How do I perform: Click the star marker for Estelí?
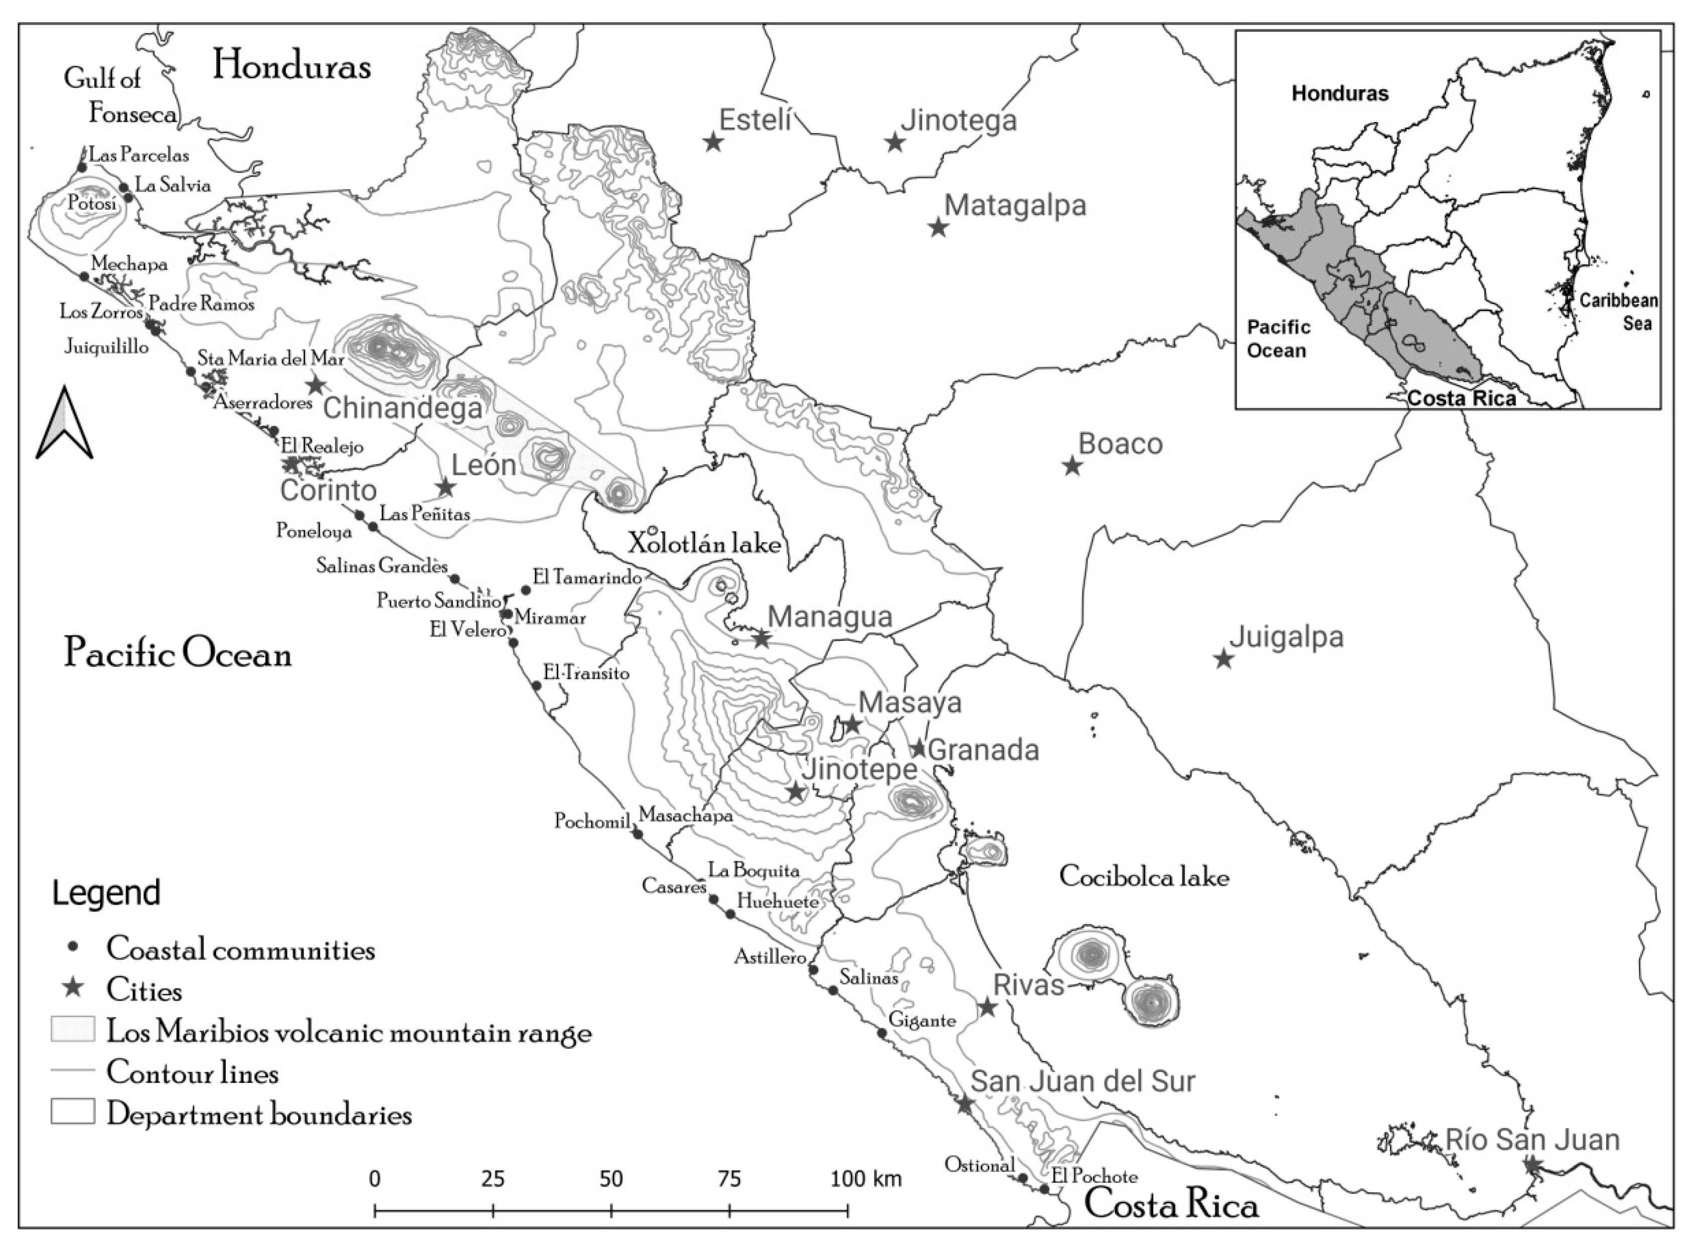[712, 142]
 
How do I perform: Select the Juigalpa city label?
[1286, 637]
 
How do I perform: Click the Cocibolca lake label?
[1144, 877]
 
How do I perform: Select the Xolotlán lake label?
[704, 543]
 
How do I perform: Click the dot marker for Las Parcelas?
[83, 166]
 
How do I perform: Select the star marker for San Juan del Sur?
[964, 1104]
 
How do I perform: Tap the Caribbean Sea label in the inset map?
[1618, 311]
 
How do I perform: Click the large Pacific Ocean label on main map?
[178, 653]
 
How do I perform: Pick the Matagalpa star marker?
[939, 227]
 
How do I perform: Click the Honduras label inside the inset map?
[1339, 94]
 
